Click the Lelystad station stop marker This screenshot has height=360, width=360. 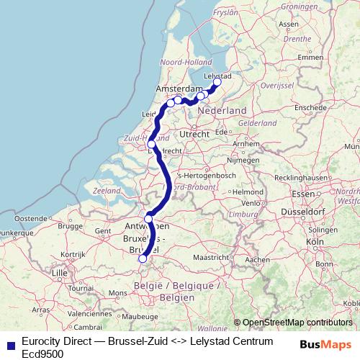217,82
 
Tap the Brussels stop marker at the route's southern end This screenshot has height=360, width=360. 143,258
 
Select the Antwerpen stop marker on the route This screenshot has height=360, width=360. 148,219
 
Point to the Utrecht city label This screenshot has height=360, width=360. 194,134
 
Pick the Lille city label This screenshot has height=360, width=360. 60,273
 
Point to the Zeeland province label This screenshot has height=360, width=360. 106,191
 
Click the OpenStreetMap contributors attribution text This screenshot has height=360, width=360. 297,323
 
